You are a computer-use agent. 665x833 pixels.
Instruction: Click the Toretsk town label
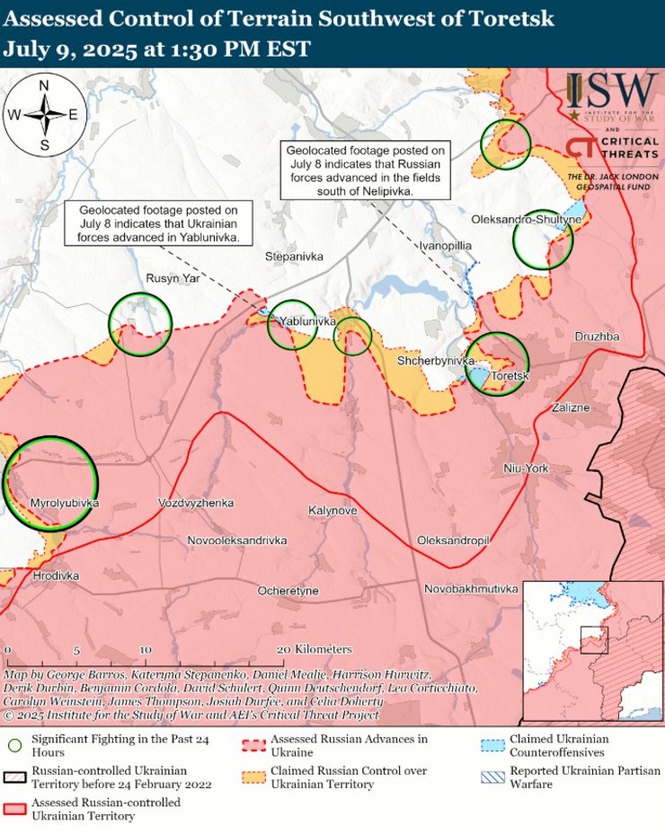click(x=509, y=377)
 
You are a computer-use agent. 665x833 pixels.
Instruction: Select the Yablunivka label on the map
click(x=307, y=320)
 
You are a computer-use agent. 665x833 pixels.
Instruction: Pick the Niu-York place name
click(x=525, y=469)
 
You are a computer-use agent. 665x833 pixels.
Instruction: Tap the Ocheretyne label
click(x=288, y=591)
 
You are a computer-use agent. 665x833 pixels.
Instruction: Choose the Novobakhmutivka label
click(x=472, y=589)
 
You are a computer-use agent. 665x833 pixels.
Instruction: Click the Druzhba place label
click(x=596, y=337)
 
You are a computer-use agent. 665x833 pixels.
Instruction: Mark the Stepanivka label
click(x=294, y=257)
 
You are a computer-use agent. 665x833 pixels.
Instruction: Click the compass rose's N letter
click(x=44, y=86)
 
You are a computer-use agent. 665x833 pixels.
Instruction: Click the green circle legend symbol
click(x=14, y=744)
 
